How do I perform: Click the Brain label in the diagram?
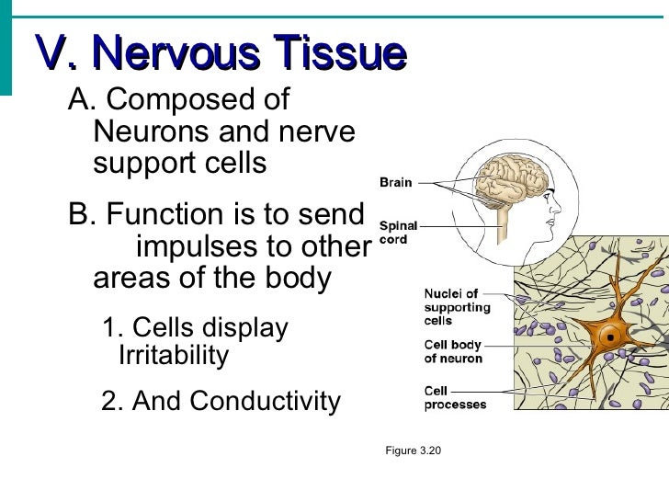click(396, 182)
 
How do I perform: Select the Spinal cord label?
click(399, 232)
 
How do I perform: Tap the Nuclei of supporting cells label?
click(457, 307)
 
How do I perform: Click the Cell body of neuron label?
click(453, 351)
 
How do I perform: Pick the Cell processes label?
click(455, 397)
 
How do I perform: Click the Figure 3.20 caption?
click(414, 451)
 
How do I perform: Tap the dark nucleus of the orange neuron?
click(607, 337)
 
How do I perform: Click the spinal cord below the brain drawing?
click(503, 224)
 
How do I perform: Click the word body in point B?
click(300, 278)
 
